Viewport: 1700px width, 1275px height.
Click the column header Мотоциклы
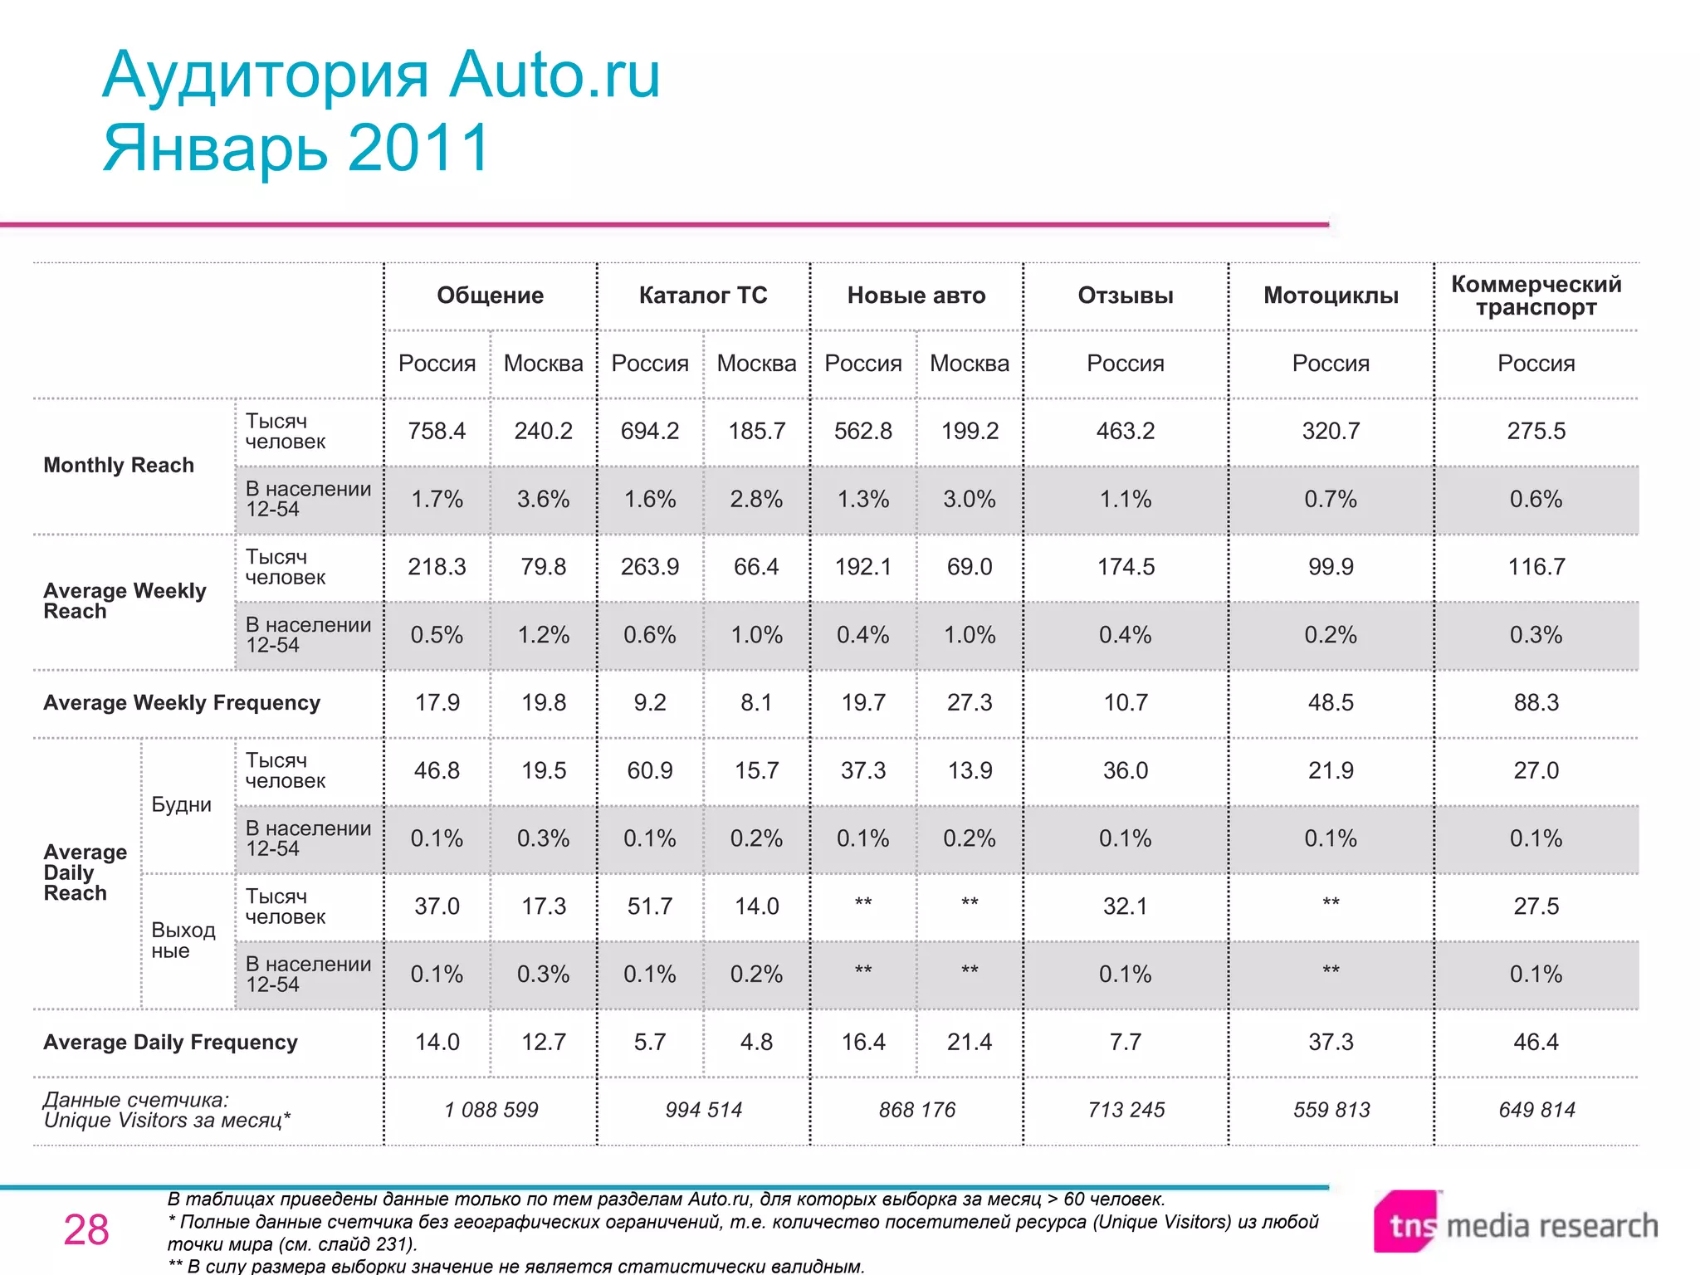click(x=1331, y=296)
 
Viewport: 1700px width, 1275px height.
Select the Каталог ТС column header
click(x=703, y=296)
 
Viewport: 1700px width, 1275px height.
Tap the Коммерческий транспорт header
click(x=1536, y=296)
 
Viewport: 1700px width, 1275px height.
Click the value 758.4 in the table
click(x=437, y=431)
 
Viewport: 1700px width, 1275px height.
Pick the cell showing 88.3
click(x=1536, y=702)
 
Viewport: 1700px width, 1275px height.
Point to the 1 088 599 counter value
click(x=491, y=1110)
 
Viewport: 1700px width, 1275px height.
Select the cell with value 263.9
click(x=650, y=567)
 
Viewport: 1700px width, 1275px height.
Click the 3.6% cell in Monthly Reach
click(x=543, y=499)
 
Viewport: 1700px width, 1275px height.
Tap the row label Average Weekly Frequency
click(x=181, y=703)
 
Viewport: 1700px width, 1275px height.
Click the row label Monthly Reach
click(x=119, y=465)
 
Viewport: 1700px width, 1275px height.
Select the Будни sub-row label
click(x=181, y=804)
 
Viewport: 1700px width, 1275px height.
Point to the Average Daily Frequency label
click(x=170, y=1043)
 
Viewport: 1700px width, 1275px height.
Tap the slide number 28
click(x=86, y=1230)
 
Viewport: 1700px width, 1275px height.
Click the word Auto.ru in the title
click(x=554, y=75)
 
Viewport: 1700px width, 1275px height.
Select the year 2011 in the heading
click(x=419, y=148)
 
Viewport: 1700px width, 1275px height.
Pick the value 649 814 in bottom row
click(x=1536, y=1110)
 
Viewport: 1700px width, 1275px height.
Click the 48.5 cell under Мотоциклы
click(x=1331, y=702)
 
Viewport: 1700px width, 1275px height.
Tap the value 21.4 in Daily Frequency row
click(x=969, y=1042)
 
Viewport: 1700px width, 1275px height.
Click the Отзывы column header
click(x=1125, y=296)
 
